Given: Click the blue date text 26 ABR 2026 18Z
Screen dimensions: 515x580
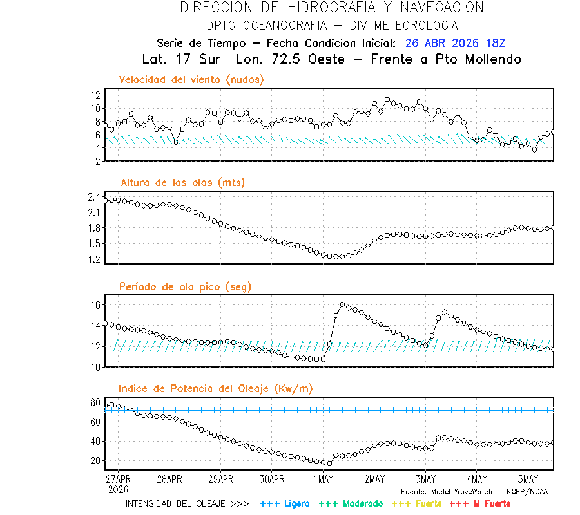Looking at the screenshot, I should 456,43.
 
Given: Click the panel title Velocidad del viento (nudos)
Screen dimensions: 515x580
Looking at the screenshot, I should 191,79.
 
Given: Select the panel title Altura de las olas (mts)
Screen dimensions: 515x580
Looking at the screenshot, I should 182,183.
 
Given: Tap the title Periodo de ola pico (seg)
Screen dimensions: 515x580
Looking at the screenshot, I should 185,286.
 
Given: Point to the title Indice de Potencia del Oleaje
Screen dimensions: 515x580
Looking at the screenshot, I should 216,388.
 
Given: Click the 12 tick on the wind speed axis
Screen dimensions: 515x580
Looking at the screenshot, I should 95,95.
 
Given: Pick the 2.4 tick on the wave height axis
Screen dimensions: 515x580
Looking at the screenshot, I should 93,197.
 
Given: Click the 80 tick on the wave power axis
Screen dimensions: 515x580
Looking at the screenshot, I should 95,403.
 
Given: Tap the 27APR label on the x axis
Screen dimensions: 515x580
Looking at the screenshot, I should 118,479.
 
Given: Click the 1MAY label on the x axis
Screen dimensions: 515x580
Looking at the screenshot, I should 324,479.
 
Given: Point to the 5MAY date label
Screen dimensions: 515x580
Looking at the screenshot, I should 528,479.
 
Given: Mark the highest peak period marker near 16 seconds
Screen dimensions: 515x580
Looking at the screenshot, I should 342,304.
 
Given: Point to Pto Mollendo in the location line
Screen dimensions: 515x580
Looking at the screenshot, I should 481,59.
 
